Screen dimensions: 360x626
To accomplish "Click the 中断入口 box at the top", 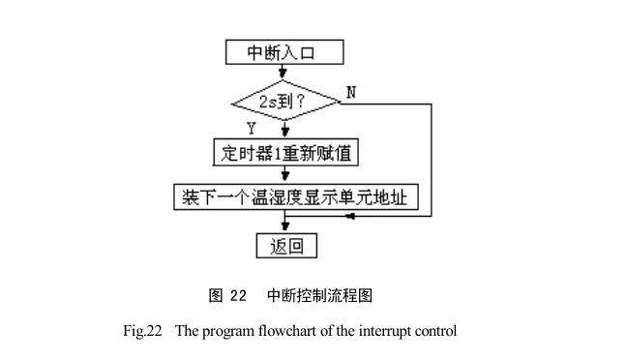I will tap(283, 52).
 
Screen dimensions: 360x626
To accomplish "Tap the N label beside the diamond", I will tap(351, 92).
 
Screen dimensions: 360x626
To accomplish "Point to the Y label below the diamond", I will tap(253, 127).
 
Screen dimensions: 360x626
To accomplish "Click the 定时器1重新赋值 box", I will tap(283, 152).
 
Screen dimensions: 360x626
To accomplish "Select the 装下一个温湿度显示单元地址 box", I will tap(301, 196).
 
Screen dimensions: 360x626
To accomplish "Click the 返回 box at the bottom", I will tap(286, 246).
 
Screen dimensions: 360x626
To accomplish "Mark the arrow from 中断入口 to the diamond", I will tap(283, 72).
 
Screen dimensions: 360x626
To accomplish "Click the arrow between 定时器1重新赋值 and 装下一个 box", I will tap(283, 174).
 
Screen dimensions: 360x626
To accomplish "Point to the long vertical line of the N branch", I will tap(431, 160).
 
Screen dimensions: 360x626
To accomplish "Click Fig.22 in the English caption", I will tap(142, 331).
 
